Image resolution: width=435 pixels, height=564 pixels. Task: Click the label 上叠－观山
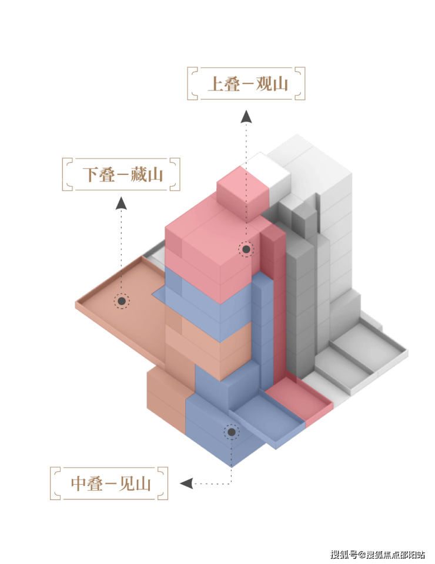[x=247, y=84]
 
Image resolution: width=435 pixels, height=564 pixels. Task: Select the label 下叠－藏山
[x=123, y=174]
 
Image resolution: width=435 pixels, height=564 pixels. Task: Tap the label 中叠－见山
[x=111, y=484]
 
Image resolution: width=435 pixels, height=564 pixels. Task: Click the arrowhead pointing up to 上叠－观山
[x=246, y=117]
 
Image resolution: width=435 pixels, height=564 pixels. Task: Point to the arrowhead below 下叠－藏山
[x=121, y=203]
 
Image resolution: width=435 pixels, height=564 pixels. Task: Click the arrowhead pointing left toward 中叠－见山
[x=186, y=484]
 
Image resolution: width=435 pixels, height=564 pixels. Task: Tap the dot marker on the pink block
[x=246, y=249]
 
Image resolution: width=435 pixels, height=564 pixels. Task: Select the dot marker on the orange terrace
[x=122, y=301]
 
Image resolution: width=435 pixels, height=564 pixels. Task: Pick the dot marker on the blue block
[x=232, y=432]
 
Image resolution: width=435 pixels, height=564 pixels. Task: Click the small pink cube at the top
[x=243, y=191]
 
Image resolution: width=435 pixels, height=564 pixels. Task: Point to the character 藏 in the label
[x=139, y=174]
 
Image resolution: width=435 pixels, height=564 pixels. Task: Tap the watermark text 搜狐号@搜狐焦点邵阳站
[x=378, y=554]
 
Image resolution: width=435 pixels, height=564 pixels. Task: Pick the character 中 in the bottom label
[x=79, y=484]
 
